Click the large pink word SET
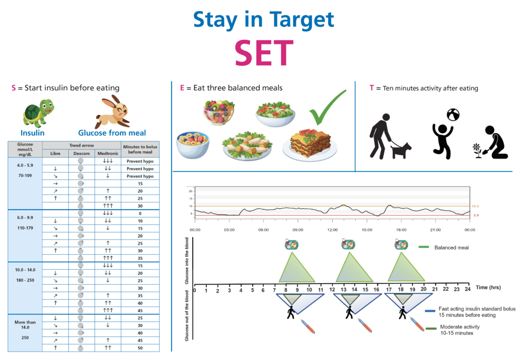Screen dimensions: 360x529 click(x=264, y=53)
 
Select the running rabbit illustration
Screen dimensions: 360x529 click(x=112, y=110)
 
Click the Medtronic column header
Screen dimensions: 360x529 click(x=107, y=153)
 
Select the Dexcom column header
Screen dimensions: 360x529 click(x=81, y=153)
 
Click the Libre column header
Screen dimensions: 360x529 click(x=55, y=153)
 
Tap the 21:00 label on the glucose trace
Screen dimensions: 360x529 click(x=434, y=229)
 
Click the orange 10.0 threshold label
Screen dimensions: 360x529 click(x=475, y=206)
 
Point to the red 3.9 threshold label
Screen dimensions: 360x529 click(x=475, y=215)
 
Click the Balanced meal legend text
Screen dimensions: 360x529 click(x=452, y=247)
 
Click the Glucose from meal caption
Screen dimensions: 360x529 click(x=112, y=133)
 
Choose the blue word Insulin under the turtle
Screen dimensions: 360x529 click(x=33, y=133)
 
